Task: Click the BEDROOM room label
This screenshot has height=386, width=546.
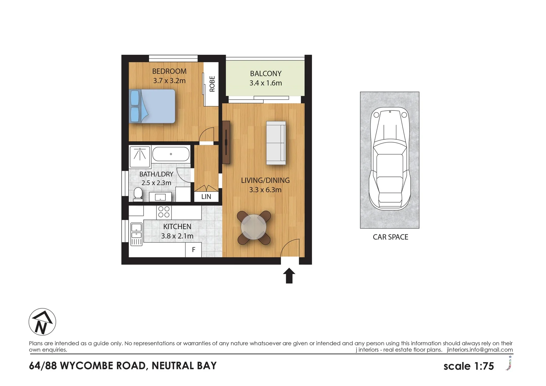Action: click(x=169, y=71)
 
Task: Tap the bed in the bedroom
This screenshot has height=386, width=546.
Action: click(x=153, y=106)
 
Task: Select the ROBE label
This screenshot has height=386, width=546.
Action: click(x=212, y=84)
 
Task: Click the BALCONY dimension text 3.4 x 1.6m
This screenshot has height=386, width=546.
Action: click(x=265, y=83)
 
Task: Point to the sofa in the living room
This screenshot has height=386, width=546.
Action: click(x=276, y=143)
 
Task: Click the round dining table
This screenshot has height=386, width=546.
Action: click(x=254, y=227)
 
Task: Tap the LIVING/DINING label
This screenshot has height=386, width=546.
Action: click(x=265, y=180)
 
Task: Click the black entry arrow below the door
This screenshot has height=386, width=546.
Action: click(x=289, y=276)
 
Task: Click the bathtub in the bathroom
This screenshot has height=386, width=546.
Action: click(x=171, y=154)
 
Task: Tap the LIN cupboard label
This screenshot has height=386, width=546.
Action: click(x=206, y=197)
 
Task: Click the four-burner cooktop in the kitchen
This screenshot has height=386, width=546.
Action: click(x=164, y=212)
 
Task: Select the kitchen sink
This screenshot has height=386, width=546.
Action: click(x=136, y=231)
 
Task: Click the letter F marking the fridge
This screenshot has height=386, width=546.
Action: click(x=193, y=250)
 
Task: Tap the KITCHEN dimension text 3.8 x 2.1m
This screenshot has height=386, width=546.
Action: click(x=177, y=236)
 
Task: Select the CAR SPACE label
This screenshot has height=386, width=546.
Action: click(x=390, y=237)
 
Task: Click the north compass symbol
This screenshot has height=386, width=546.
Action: click(x=42, y=322)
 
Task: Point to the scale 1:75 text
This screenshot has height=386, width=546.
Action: click(x=468, y=366)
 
